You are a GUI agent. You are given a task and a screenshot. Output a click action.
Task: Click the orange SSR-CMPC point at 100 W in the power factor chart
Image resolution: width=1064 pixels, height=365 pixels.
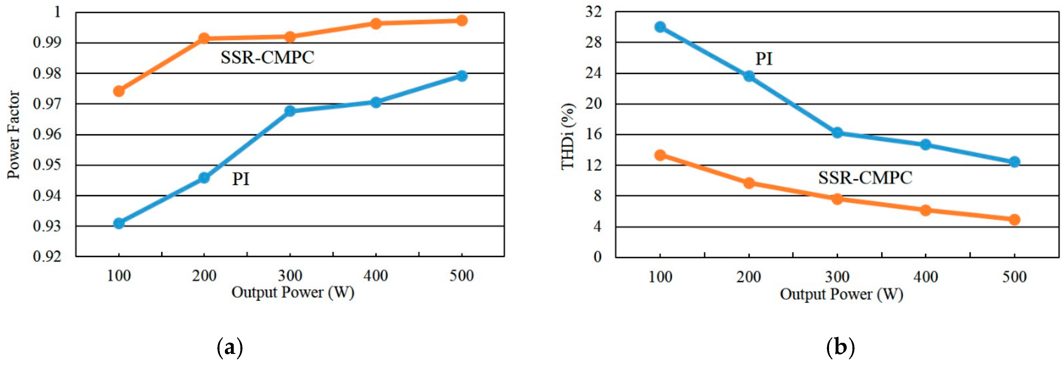click(119, 91)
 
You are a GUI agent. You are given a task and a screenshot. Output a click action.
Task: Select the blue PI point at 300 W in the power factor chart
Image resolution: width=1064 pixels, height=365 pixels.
click(290, 111)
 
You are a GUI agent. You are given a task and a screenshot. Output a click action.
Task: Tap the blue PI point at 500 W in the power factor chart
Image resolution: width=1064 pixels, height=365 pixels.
click(462, 76)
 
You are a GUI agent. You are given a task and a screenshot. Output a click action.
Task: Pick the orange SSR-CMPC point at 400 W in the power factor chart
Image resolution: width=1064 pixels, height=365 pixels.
click(376, 23)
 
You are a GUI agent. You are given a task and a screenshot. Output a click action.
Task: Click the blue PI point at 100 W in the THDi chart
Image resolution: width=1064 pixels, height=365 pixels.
click(660, 27)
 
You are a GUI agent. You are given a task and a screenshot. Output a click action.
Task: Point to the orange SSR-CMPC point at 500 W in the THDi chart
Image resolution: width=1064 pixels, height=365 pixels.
click(1014, 219)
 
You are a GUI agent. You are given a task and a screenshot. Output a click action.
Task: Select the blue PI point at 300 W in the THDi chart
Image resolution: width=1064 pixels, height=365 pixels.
click(837, 133)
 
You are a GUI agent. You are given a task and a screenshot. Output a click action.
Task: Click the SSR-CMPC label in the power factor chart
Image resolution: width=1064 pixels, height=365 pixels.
click(267, 58)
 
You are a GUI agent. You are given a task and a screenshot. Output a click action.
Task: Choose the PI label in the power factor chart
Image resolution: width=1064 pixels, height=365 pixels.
click(241, 179)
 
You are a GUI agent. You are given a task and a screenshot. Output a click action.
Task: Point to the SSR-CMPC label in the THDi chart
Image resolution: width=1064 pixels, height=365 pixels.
click(865, 178)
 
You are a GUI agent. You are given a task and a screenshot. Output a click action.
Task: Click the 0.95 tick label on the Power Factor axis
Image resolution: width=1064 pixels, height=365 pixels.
click(47, 165)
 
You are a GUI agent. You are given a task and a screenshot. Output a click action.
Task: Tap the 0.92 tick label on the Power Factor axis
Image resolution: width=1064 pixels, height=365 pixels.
click(47, 256)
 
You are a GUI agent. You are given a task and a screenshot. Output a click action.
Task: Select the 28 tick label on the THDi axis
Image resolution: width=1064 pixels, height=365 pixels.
click(594, 42)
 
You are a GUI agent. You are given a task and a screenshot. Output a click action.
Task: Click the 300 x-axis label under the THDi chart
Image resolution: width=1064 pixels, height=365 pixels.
click(837, 277)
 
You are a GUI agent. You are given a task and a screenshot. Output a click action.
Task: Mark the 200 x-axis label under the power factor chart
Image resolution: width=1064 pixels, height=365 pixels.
click(204, 275)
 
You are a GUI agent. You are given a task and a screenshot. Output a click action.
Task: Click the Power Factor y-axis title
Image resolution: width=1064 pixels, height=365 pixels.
click(14, 135)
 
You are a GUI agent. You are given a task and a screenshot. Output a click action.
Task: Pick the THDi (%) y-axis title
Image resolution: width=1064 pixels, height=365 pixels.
click(568, 136)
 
